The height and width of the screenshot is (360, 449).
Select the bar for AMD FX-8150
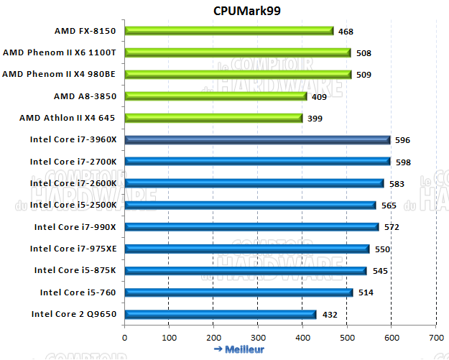pyautogui.click(x=228, y=31)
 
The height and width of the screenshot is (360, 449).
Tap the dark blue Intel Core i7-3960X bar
pyautogui.click(x=257, y=140)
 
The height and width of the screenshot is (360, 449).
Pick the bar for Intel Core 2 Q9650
pyautogui.click(x=220, y=314)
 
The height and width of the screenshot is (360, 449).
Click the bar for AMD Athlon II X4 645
pyautogui.click(x=213, y=118)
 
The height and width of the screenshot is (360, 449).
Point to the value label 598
pyautogui.click(x=403, y=162)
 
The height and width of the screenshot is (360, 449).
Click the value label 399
pyautogui.click(x=314, y=119)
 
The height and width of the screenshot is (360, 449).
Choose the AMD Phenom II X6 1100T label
pyautogui.click(x=60, y=52)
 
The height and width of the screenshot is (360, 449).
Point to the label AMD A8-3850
pyautogui.click(x=85, y=96)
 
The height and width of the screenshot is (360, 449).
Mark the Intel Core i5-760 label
pyautogui.click(x=78, y=292)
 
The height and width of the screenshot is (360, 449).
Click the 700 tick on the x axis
pyautogui.click(x=435, y=336)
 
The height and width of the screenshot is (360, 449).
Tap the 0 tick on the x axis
pyautogui.click(x=124, y=336)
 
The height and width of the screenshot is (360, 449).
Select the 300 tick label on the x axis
pyautogui.click(x=258, y=336)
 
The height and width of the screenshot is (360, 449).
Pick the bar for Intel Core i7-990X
pyautogui.click(x=251, y=227)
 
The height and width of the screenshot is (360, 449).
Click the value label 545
pyautogui.click(x=379, y=271)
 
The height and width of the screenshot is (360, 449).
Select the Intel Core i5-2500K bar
pyautogui.click(x=250, y=206)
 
